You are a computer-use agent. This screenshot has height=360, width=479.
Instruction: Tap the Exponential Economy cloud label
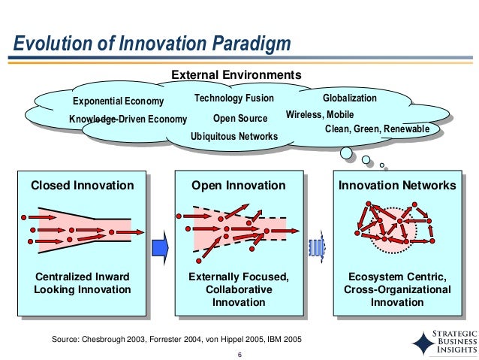point(118,101)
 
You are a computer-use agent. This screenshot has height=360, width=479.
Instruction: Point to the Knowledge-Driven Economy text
point(128,119)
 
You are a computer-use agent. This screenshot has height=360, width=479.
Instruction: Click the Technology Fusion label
point(234,99)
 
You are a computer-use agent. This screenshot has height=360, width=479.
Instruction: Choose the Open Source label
point(240,118)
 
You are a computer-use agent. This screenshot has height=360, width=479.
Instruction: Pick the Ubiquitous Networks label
point(234,136)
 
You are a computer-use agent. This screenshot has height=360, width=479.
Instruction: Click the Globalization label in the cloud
point(350,99)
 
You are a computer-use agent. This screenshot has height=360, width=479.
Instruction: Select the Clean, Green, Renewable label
point(377,129)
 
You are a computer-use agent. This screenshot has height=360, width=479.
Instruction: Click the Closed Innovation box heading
point(82,185)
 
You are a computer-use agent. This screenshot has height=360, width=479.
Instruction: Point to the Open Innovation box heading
point(239,185)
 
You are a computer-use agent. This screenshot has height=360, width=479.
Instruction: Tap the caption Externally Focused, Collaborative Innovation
point(239,289)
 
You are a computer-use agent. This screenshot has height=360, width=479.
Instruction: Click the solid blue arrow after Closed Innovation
point(158,247)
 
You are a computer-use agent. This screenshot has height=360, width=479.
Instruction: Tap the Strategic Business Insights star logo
point(423,342)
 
